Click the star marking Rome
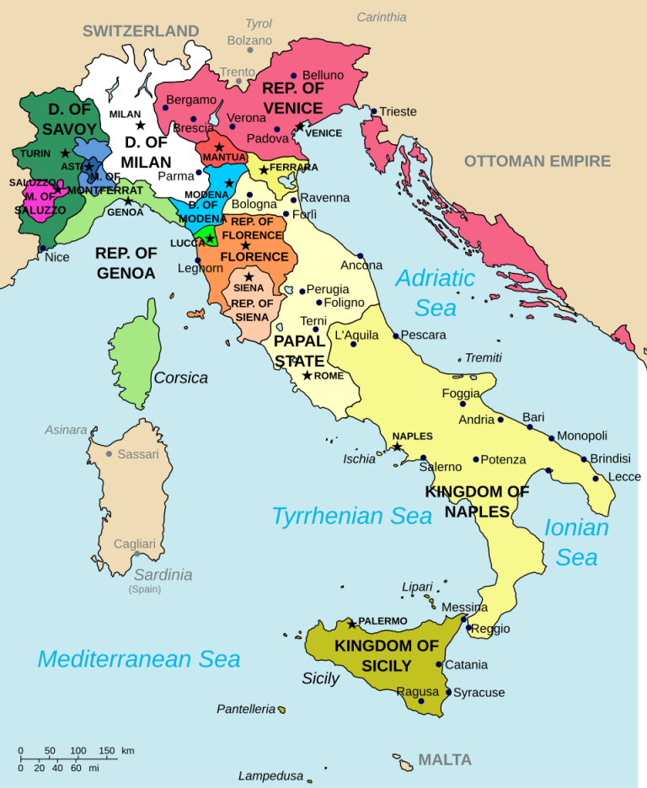[307, 375]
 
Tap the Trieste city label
[398, 111]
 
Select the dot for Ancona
[360, 255]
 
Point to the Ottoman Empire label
[537, 161]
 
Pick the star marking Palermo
[352, 625]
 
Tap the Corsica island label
[180, 378]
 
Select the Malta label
[445, 760]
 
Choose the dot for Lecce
[596, 478]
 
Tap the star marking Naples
[397, 446]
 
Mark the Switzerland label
[141, 31]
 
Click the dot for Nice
[43, 249]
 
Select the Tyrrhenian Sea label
[351, 516]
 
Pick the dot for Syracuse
[448, 692]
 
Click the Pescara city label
[423, 335]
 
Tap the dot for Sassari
[109, 454]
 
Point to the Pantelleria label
[246, 709]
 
